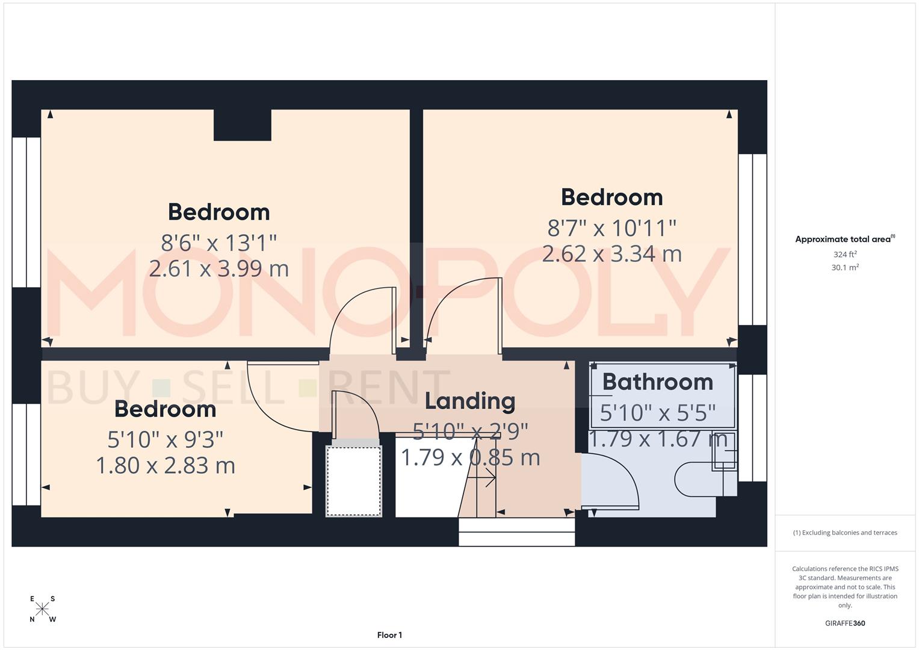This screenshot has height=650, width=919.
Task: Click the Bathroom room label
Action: point(657,382)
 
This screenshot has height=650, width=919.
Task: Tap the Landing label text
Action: point(470,401)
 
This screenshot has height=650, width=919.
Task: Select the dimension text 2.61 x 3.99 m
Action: point(218,268)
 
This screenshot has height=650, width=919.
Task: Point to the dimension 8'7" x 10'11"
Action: point(611,228)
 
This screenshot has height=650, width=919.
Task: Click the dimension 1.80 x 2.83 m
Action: point(166,465)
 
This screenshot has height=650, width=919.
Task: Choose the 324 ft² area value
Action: point(844,255)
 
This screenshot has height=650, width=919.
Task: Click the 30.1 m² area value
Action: point(844,268)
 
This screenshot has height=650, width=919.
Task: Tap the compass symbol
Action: point(42,609)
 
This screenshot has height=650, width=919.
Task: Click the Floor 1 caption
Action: point(389,635)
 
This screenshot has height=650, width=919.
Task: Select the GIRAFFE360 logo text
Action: point(844,624)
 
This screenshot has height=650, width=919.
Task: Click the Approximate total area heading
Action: point(844,239)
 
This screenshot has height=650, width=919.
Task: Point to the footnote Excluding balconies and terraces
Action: point(844,533)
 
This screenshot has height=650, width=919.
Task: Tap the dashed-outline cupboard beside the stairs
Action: point(353,481)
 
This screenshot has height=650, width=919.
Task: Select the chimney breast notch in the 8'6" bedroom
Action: point(242,125)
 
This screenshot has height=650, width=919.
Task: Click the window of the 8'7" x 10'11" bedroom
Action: point(752,240)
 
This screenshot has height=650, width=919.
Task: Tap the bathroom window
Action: point(752,427)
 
